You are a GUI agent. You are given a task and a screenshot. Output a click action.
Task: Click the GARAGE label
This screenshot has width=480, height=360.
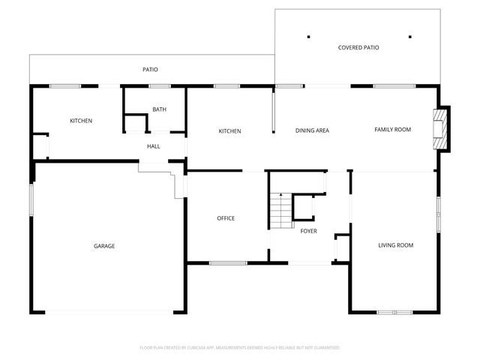[104, 245]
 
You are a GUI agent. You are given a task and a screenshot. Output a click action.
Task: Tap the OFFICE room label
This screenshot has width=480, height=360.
[226, 218]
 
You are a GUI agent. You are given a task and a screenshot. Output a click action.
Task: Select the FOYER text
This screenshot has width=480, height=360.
[308, 231]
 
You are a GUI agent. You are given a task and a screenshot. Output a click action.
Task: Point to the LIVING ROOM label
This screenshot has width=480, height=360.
[395, 245]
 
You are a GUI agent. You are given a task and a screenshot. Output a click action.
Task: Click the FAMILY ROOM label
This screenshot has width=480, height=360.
[393, 130]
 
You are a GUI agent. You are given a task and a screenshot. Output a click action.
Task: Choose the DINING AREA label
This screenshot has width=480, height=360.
[312, 130]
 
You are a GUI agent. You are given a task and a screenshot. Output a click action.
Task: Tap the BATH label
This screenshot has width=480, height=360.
[159, 109]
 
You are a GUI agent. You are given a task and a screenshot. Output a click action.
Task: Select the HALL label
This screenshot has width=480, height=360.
[153, 146]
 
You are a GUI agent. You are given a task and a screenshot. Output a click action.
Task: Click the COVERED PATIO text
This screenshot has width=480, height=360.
[358, 47]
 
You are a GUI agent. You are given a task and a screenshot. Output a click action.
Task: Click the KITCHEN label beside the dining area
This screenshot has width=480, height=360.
[229, 131]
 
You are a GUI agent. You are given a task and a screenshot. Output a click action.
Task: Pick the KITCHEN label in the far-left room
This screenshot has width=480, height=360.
[81, 121]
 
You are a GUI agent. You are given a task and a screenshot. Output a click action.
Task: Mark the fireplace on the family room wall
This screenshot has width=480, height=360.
[440, 130]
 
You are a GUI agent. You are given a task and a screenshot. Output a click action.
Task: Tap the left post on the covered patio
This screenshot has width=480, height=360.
[308, 36]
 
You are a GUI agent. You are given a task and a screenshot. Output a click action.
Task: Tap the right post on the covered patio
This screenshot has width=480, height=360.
[410, 36]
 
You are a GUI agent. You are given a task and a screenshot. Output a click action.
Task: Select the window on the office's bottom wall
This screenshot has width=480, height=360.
[228, 262]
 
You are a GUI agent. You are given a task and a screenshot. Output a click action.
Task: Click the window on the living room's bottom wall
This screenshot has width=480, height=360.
[394, 311]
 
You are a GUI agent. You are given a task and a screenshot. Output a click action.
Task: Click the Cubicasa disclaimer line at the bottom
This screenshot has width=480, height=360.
[240, 347]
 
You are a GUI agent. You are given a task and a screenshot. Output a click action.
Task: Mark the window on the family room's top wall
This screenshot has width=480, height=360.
[394, 86]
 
